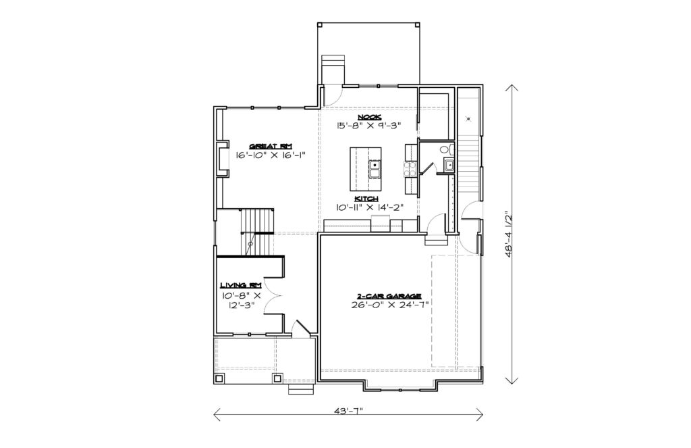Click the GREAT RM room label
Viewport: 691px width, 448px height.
point(271,147)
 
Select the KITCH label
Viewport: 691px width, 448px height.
point(366,199)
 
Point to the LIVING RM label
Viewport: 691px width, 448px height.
point(241,286)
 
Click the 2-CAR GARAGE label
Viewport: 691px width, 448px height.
point(389,296)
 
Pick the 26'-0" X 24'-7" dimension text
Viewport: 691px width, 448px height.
point(389,305)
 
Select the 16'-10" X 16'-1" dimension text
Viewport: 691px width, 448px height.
point(271,155)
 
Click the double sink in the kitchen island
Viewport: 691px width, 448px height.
point(375,169)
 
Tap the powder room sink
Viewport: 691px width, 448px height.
point(449,166)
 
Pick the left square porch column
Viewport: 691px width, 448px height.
point(219,378)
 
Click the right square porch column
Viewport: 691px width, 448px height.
point(277,378)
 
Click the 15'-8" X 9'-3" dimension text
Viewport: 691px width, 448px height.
point(369,126)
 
